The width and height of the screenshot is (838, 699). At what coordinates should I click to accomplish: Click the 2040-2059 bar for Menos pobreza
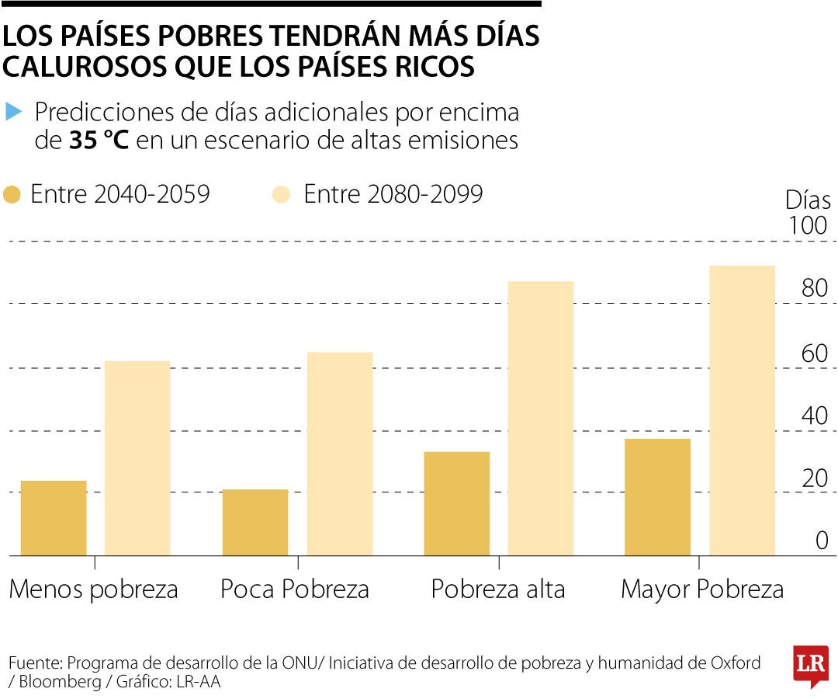tap(53, 518)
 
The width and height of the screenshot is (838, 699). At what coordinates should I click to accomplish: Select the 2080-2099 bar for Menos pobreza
tap(137, 458)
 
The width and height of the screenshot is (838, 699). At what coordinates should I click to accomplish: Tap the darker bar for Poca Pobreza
tap(255, 522)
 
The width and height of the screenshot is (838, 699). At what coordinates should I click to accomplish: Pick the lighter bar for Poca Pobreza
tap(339, 454)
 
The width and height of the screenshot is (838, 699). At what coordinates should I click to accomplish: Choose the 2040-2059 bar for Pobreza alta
tap(456, 503)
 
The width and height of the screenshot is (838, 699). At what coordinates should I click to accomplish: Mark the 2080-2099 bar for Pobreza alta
tap(541, 419)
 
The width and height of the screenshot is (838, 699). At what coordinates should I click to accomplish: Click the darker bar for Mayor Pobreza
tap(657, 497)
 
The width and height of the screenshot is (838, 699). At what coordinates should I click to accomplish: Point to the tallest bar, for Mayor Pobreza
tap(742, 411)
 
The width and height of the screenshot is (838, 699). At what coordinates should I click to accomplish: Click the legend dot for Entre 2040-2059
tap(12, 194)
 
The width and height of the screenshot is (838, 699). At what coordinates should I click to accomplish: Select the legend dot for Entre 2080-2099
tap(282, 194)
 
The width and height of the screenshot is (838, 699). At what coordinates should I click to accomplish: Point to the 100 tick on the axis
tap(808, 226)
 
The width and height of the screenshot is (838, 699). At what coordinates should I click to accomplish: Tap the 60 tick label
tap(815, 353)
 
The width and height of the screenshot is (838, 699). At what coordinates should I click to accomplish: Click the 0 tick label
tap(822, 541)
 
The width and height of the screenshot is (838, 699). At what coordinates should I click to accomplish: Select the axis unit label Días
tap(808, 200)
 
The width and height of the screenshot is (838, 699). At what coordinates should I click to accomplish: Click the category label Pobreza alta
tap(498, 589)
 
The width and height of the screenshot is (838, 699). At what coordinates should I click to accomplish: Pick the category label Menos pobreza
tap(93, 589)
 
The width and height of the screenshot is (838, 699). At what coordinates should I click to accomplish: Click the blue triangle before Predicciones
tap(13, 112)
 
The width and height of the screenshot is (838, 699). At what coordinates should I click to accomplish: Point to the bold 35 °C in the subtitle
tap(98, 141)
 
